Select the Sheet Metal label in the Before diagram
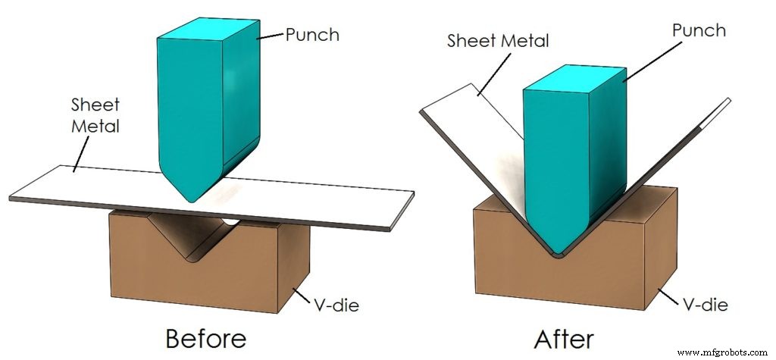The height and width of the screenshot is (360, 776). coord(95,114)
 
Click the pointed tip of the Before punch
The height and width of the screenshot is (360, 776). coord(193,199)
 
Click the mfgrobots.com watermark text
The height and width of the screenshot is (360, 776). coord(724,352)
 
